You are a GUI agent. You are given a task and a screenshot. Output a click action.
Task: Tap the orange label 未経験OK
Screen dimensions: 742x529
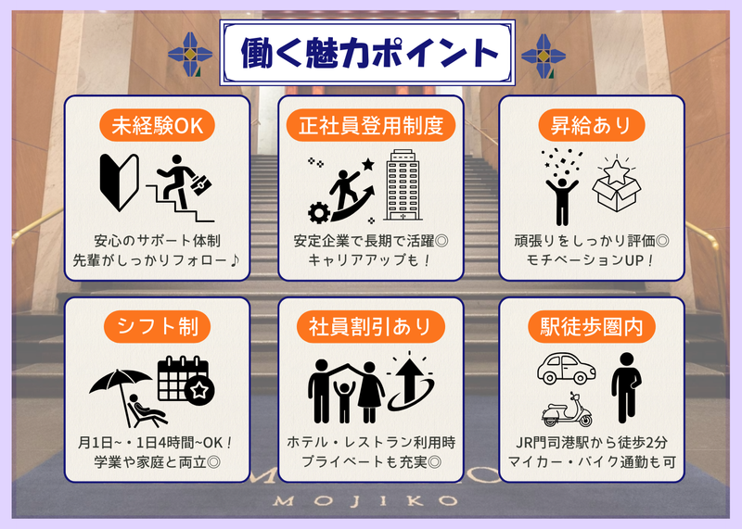click(x=157, y=125)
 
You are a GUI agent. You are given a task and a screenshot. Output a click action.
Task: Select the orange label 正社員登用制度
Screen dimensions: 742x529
click(x=370, y=125)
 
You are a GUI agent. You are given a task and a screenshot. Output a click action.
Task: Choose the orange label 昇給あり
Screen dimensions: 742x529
click(x=592, y=125)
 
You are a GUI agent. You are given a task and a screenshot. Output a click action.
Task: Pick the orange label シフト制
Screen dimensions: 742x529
click(x=157, y=327)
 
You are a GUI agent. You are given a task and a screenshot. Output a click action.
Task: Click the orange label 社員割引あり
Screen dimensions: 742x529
click(x=370, y=327)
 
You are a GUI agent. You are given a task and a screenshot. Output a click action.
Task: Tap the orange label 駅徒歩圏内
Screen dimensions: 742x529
click(x=592, y=327)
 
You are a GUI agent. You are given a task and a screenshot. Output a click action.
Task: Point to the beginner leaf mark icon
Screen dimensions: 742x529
click(x=120, y=183)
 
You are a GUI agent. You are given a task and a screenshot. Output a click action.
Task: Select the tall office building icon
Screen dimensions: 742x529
click(x=403, y=185)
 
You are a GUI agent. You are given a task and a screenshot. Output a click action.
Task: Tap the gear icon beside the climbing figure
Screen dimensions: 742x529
click(x=319, y=212)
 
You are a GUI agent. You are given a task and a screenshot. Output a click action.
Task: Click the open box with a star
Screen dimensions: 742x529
click(x=617, y=185)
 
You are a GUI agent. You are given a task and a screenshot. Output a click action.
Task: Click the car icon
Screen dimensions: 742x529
click(x=567, y=368)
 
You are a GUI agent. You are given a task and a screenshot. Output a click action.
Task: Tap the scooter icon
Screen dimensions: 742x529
click(x=567, y=409)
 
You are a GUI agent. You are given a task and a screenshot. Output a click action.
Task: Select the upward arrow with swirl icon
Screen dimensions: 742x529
click(x=410, y=382)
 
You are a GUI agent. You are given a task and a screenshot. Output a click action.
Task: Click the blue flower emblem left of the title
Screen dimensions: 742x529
click(x=190, y=55)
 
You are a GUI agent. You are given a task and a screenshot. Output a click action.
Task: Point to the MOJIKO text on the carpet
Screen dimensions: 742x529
click(x=365, y=500)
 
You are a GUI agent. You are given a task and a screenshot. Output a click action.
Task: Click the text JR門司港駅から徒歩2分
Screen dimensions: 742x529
click(x=592, y=443)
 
